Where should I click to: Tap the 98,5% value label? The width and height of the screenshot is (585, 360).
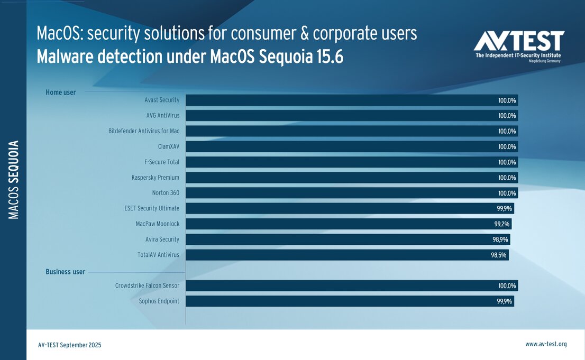pos(499,255)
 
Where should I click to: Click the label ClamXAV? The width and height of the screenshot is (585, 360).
pos(168,146)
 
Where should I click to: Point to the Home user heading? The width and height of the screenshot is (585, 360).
pos(61,93)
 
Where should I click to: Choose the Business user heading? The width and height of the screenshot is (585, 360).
pos(65,272)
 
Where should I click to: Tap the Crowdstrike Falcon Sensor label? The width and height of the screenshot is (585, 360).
pos(147,286)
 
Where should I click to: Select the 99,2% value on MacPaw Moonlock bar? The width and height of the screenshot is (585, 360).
pos(501,224)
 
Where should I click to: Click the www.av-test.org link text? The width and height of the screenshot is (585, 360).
pos(546,344)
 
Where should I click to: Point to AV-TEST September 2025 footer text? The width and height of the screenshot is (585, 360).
pos(69,345)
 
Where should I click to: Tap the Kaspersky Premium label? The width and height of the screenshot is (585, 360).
pos(156,178)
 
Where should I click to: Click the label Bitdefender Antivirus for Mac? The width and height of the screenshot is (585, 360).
pos(144,131)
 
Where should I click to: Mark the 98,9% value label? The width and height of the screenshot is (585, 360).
pos(500,240)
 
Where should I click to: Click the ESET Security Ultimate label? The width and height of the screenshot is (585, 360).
pos(152,208)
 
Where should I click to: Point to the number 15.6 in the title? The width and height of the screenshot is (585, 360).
pos(327,57)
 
